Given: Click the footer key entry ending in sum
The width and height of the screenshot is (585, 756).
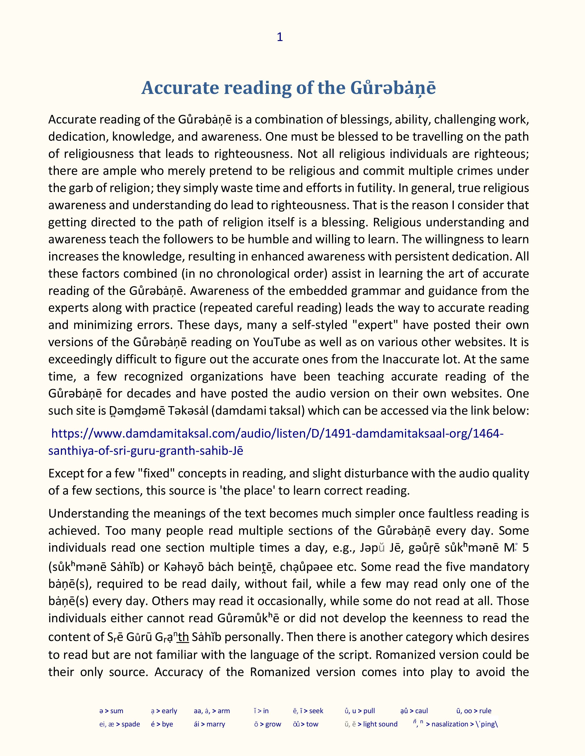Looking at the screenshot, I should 111,711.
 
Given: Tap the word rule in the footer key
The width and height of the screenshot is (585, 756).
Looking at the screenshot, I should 485,711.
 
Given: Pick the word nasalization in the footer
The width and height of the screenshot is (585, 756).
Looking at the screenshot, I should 449,724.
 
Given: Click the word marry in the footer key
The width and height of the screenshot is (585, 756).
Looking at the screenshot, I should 216,724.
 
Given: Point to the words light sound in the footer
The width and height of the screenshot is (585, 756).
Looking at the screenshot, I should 380,724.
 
